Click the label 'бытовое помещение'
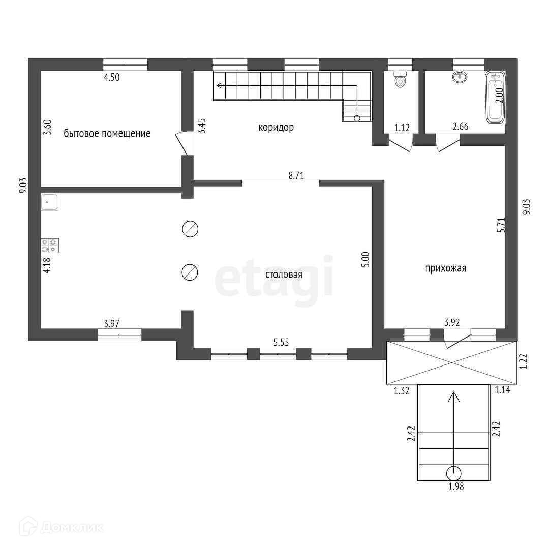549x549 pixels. pyautogui.click(x=107, y=134)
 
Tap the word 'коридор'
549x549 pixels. pyautogui.click(x=276, y=128)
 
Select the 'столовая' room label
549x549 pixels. pyautogui.click(x=284, y=275)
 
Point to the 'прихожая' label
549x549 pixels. pyautogui.click(x=446, y=268)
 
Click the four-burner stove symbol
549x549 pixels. pyautogui.click(x=50, y=246)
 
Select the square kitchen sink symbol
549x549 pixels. pyautogui.click(x=50, y=202)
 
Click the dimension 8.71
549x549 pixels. pyautogui.click(x=296, y=176)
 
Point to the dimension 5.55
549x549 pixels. pyautogui.click(x=282, y=343)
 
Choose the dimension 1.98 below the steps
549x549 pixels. pyautogui.click(x=456, y=486)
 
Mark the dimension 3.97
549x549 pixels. pyautogui.click(x=112, y=323)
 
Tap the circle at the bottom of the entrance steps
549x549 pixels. pyautogui.click(x=453, y=473)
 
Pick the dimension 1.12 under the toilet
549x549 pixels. pyautogui.click(x=402, y=127)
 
